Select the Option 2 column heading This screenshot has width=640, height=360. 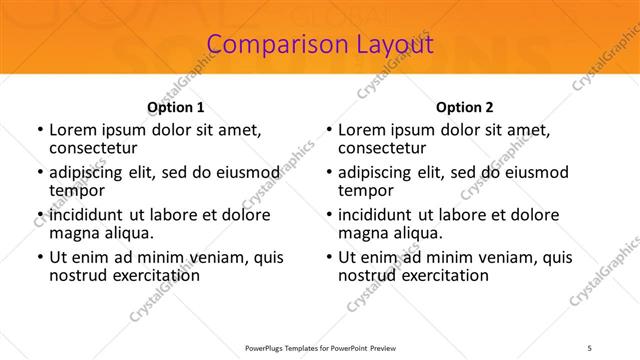[x=465, y=106]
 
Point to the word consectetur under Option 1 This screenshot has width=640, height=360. [x=94, y=148]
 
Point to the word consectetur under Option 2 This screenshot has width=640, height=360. [x=383, y=148]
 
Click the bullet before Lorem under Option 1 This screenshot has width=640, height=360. [x=39, y=130]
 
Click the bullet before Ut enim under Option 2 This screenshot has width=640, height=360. [x=328, y=257]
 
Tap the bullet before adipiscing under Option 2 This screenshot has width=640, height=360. [x=328, y=172]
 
